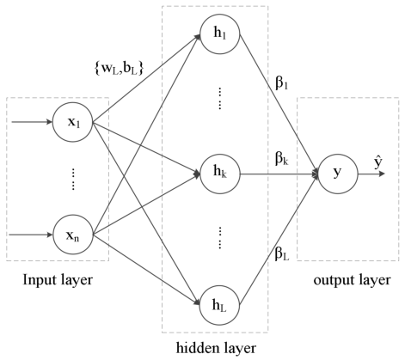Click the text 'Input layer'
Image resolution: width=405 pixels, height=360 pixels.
[57, 280]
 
